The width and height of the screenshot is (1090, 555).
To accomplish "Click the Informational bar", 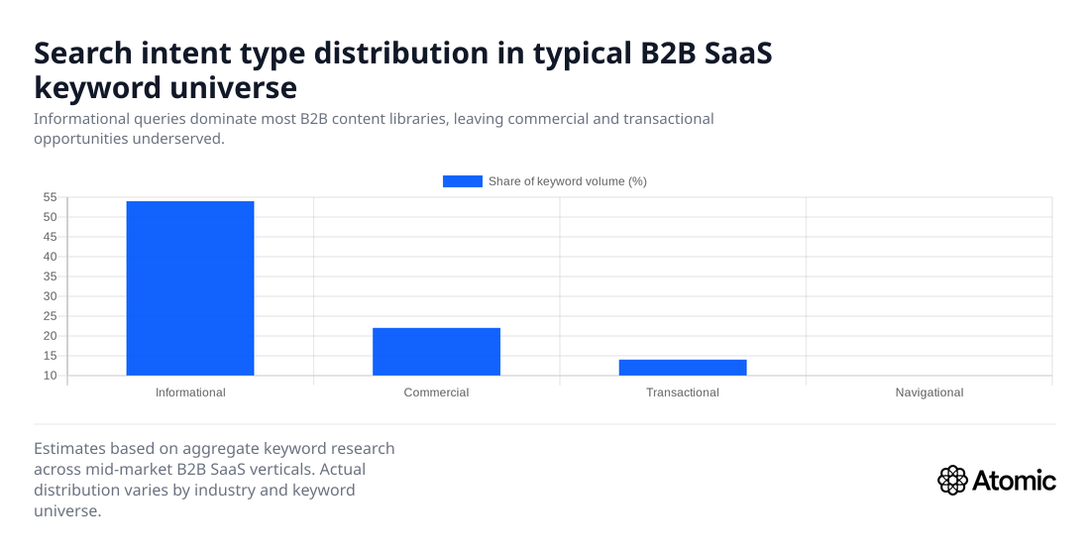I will pyautogui.click(x=190, y=287).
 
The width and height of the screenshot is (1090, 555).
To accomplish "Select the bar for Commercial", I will pyautogui.click(x=436, y=351).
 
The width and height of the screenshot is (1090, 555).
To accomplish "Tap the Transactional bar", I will pyautogui.click(x=683, y=367).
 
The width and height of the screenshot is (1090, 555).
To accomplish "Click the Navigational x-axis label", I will pyautogui.click(x=928, y=392).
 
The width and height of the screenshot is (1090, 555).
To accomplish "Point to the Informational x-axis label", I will pyautogui.click(x=190, y=392).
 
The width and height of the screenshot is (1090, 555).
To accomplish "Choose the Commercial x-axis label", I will pyautogui.click(x=436, y=392).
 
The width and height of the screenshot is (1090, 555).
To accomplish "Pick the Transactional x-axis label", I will pyautogui.click(x=683, y=392).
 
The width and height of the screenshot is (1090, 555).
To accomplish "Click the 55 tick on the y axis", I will pyautogui.click(x=51, y=197).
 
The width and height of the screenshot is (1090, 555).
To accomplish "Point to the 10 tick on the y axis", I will pyautogui.click(x=51, y=376).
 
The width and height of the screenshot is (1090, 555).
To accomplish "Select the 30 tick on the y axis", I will pyautogui.click(x=51, y=296).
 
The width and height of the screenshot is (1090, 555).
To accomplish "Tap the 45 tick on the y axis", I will pyautogui.click(x=51, y=237).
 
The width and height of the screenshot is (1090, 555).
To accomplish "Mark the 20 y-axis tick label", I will pyautogui.click(x=51, y=336).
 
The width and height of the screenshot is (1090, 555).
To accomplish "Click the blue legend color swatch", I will pyautogui.click(x=462, y=181).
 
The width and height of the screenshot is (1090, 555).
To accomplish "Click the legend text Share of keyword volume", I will pyautogui.click(x=567, y=181).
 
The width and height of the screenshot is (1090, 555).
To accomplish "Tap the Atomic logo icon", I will pyautogui.click(x=951, y=481).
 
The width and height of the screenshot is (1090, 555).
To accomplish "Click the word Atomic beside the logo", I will pyautogui.click(x=1014, y=482).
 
